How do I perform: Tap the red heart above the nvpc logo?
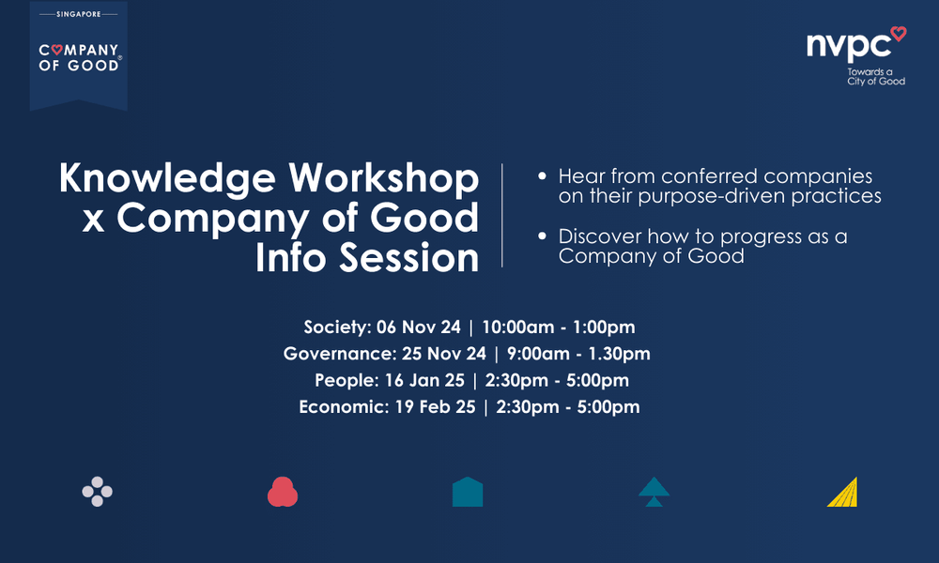point(898,34)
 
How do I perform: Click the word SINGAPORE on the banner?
point(79,15)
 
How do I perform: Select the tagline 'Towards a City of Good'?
point(875,76)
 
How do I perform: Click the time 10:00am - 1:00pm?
point(559,327)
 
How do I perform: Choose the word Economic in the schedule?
point(335,406)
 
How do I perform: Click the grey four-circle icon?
point(98,492)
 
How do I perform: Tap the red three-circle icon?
point(283,492)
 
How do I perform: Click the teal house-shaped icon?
point(468,492)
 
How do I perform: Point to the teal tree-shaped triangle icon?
point(654,492)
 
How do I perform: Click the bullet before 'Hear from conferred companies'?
point(542,177)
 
